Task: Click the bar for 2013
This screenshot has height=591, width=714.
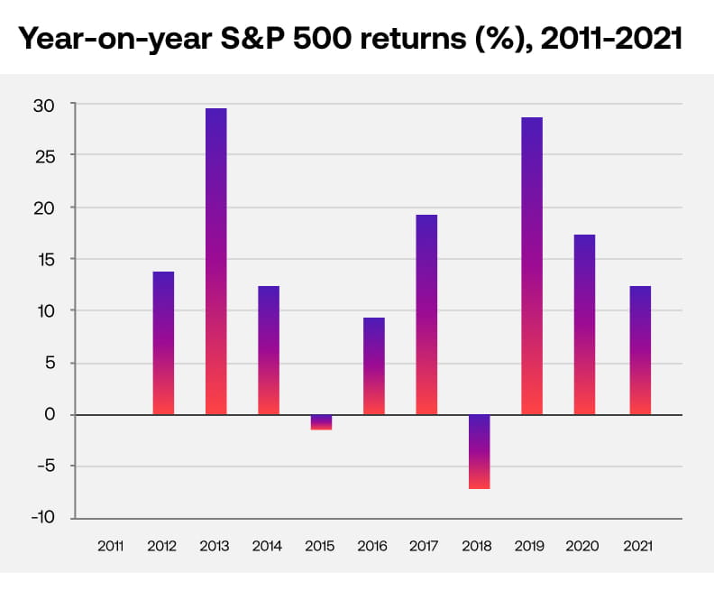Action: coord(215,262)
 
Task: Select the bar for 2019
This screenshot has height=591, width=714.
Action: coord(532,266)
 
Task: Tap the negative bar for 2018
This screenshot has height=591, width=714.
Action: coord(479,451)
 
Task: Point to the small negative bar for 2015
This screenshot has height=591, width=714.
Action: coord(321,422)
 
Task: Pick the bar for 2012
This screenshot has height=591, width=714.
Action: coord(163,343)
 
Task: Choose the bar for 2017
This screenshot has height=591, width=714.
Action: coord(426,315)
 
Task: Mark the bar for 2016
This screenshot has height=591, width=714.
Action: coord(373,366)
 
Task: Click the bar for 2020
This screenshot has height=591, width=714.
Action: coord(584,325)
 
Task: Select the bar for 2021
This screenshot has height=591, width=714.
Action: coord(636,350)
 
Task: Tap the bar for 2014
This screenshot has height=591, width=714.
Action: coord(269,350)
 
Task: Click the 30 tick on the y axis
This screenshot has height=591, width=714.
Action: coord(45,105)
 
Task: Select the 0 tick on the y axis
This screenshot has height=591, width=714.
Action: coord(50,415)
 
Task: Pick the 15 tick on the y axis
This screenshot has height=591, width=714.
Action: coord(46,260)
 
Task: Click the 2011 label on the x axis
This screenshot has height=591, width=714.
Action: coord(111,547)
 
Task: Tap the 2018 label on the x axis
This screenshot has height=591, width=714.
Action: coord(479,547)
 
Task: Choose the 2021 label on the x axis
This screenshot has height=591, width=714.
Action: coord(636,547)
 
